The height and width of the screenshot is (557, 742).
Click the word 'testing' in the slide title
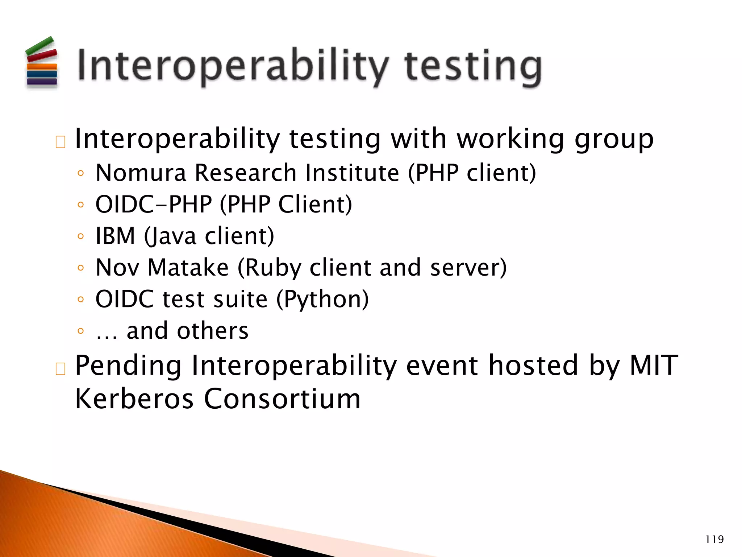(x=472, y=67)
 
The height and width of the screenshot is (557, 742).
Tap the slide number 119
(x=714, y=539)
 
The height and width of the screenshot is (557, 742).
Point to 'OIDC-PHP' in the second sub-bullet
(x=154, y=204)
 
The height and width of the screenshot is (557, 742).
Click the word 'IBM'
(x=115, y=236)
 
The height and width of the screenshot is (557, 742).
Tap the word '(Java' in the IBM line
(x=170, y=236)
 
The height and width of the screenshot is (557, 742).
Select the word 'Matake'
(x=188, y=268)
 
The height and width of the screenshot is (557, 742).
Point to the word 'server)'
(x=468, y=268)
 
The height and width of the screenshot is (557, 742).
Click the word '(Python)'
(x=322, y=300)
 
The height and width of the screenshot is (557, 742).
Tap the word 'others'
(x=213, y=331)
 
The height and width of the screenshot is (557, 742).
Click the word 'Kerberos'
(x=134, y=399)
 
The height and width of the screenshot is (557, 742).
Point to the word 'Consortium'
(x=282, y=399)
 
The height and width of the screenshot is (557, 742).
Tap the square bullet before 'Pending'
(x=61, y=368)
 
